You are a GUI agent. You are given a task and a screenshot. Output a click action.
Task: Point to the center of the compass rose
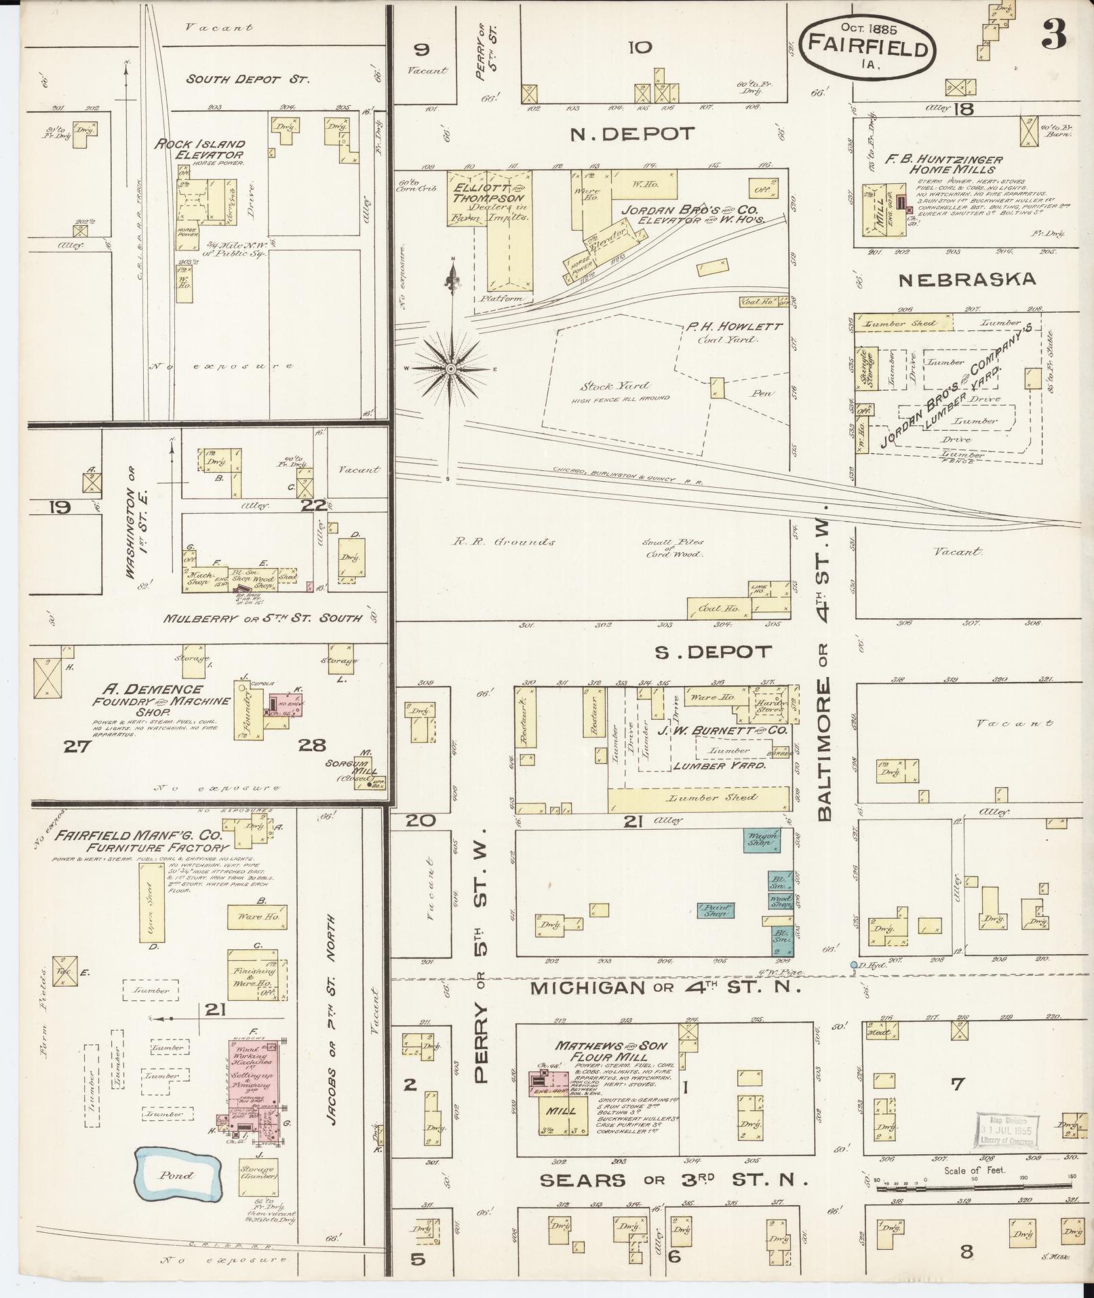(450, 368)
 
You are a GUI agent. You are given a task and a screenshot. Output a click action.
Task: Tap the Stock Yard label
(606, 387)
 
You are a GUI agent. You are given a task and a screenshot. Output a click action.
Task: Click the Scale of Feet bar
(974, 1187)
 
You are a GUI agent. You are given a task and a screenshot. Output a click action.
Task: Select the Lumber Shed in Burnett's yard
(699, 799)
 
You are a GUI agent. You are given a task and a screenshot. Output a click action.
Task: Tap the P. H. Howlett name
(732, 327)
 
